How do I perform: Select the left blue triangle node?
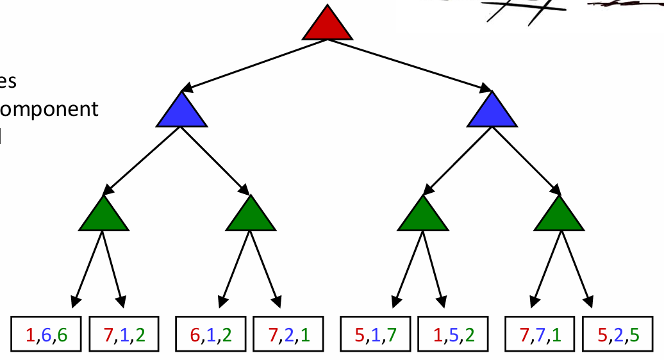182,111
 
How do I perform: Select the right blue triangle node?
492,111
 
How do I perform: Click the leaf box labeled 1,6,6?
47,334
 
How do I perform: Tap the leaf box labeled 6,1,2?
211,334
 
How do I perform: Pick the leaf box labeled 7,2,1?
289,334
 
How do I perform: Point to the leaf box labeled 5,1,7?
376,334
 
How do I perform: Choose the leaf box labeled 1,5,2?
454,334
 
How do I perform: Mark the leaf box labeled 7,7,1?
540,334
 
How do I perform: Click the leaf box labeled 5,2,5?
618,334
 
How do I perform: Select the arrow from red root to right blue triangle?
410,64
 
